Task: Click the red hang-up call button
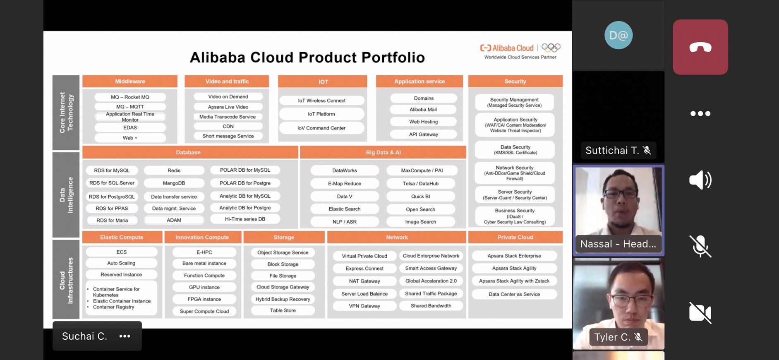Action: pyautogui.click(x=700, y=47)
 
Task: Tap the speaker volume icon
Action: pyautogui.click(x=700, y=180)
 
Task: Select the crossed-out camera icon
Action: pyautogui.click(x=700, y=313)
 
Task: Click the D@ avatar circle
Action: pyautogui.click(x=618, y=35)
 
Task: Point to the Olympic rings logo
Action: pyautogui.click(x=551, y=48)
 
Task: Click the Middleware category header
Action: pyautogui.click(x=130, y=81)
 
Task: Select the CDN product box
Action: pyautogui.click(x=228, y=127)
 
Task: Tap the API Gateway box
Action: pyautogui.click(x=423, y=134)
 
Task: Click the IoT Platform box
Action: pyautogui.click(x=321, y=114)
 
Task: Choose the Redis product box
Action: pyautogui.click(x=174, y=170)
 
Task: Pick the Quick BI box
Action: pyautogui.click(x=420, y=196)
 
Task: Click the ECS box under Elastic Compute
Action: pyautogui.click(x=122, y=252)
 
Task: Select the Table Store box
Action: pyautogui.click(x=283, y=310)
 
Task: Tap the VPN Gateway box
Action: pyautogui.click(x=364, y=306)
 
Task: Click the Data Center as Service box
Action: pyautogui.click(x=514, y=294)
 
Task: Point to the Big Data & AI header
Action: pyautogui.click(x=383, y=152)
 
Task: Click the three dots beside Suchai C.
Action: pyautogui.click(x=125, y=336)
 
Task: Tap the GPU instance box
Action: pyautogui.click(x=204, y=287)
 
